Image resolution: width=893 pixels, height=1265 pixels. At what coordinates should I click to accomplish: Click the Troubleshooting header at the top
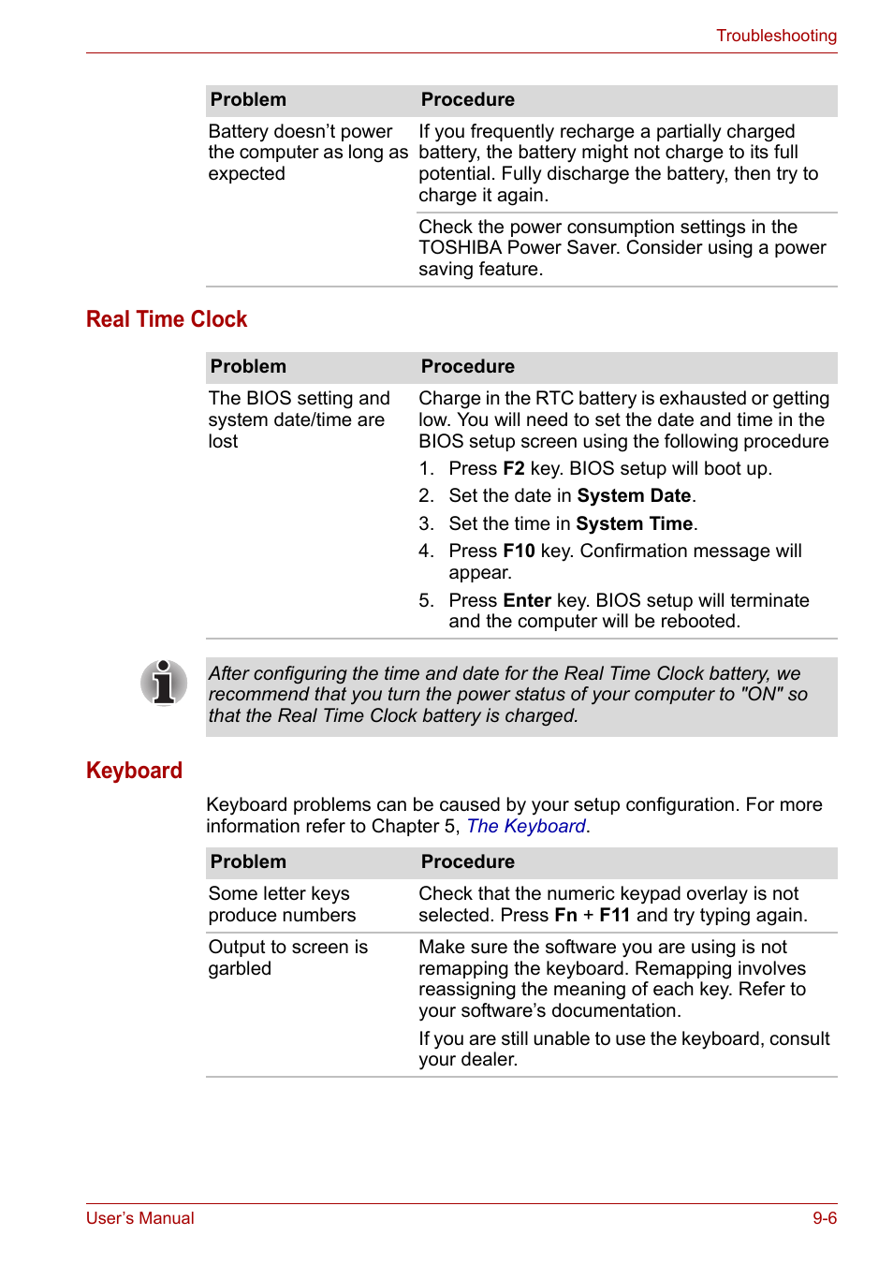[x=776, y=36]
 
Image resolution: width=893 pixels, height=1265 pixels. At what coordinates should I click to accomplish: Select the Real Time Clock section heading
[x=167, y=319]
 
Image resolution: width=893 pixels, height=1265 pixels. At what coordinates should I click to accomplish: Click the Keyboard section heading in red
[x=134, y=771]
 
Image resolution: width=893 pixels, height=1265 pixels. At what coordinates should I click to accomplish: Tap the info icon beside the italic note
[x=164, y=682]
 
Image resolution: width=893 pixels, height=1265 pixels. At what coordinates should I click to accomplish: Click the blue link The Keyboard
[x=526, y=826]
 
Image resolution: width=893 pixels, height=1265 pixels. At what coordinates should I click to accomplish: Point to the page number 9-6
[x=824, y=1218]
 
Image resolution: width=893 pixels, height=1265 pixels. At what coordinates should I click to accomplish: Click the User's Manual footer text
[x=140, y=1218]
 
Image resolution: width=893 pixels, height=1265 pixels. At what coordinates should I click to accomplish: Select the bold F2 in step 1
[x=513, y=468]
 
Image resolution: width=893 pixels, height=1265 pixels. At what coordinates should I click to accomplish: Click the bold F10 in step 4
[x=519, y=551]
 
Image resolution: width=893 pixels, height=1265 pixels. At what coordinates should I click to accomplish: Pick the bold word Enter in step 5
[x=527, y=600]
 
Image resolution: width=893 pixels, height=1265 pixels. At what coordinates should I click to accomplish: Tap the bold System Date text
[x=634, y=495]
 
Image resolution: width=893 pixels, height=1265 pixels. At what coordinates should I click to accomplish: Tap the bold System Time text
[x=634, y=523]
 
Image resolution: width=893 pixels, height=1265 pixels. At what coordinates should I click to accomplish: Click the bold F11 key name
[x=614, y=915]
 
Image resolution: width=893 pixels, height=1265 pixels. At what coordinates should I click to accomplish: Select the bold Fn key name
[x=565, y=915]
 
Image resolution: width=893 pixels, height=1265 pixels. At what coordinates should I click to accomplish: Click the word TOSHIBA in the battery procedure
[x=460, y=247]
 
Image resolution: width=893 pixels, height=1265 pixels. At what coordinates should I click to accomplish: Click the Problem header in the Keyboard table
[x=248, y=861]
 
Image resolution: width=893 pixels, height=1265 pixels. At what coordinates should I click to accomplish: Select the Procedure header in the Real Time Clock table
[x=467, y=366]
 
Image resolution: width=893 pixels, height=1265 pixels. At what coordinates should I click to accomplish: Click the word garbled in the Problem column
[x=240, y=968]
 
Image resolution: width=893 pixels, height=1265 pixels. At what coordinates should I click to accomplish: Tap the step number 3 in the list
[x=426, y=523]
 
